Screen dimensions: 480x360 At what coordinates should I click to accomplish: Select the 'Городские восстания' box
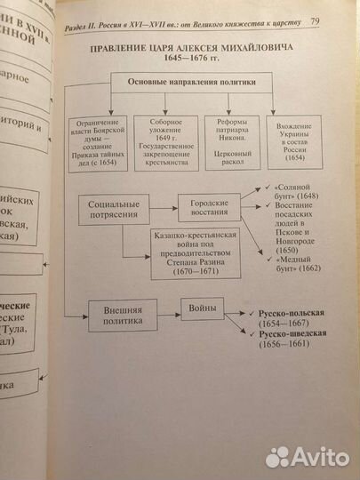click(210, 206)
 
